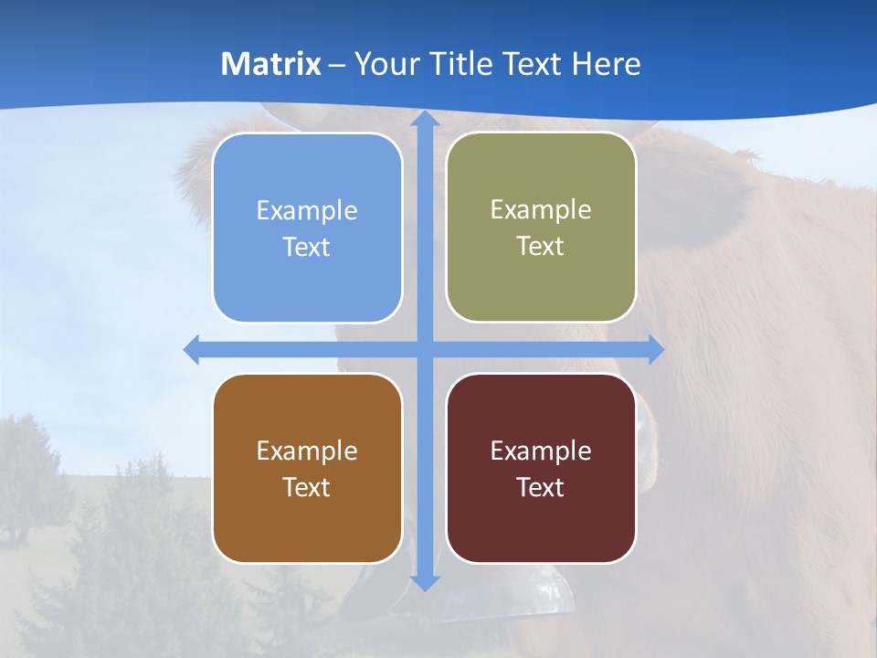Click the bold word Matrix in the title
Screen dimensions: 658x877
(x=271, y=64)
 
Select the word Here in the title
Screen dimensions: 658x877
(x=606, y=64)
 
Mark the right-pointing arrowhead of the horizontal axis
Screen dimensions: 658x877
(x=655, y=349)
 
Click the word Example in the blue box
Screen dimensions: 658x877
(x=307, y=210)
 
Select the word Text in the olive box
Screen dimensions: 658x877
(x=541, y=247)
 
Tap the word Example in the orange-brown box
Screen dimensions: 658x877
(x=307, y=451)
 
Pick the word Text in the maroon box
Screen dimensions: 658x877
(x=541, y=488)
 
